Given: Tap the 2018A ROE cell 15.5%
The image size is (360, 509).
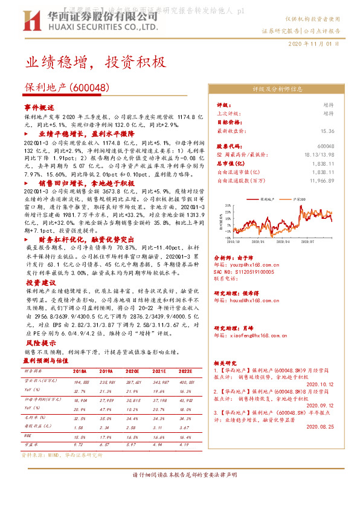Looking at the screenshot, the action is [79, 436].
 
